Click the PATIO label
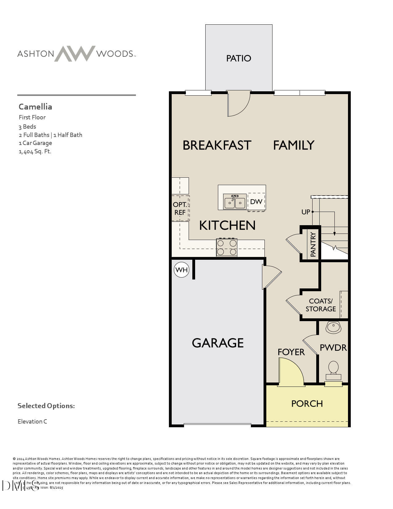[239, 58]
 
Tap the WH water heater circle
[181, 270]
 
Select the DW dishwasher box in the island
[256, 202]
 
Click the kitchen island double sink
[235, 202]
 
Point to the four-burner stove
[227, 247]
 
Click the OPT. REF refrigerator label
[180, 209]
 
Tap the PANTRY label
[313, 245]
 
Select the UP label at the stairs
[305, 212]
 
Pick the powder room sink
[333, 327]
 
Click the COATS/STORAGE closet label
[321, 305]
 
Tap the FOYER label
[291, 352]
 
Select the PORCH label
[307, 403]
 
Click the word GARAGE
[218, 343]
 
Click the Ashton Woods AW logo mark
[75, 54]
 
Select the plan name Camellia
[35, 107]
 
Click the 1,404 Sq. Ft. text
[35, 151]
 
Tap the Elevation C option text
[32, 421]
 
